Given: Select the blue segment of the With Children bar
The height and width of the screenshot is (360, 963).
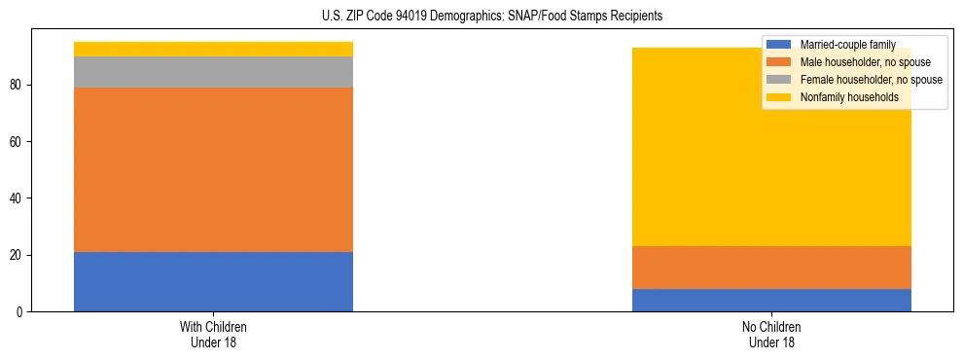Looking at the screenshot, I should coord(213,282).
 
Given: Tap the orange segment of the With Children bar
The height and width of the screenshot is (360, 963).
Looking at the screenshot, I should coord(213,170).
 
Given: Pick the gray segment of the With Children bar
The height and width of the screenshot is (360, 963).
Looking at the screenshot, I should coord(213,72).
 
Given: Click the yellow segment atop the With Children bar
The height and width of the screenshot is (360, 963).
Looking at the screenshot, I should coord(213,49).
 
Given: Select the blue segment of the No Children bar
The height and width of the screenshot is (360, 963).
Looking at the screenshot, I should coord(771,300).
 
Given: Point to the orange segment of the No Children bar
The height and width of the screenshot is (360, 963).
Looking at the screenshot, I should coord(771,268).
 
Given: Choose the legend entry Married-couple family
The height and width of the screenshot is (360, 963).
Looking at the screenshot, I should coord(854,45).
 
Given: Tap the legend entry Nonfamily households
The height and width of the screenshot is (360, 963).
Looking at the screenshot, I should coord(855,97).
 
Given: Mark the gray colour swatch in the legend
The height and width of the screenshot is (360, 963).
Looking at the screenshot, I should coord(779,80).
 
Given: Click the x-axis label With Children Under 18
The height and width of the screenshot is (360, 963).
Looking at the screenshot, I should coord(213,335).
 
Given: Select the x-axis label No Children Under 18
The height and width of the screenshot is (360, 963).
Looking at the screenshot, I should coord(771,335).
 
